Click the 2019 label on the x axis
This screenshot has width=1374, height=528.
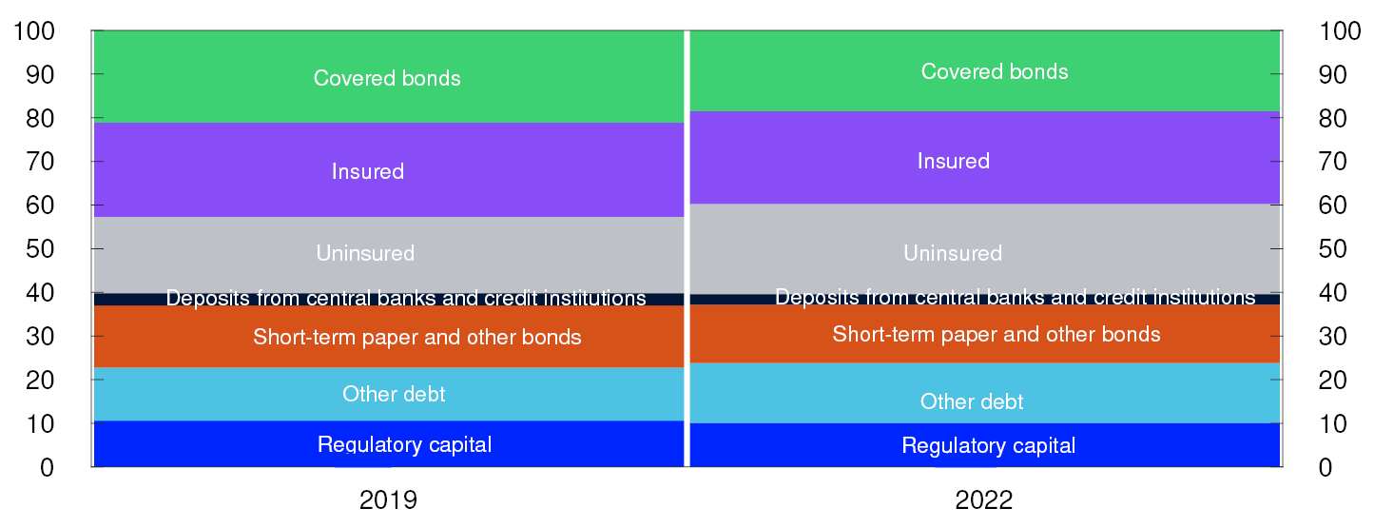[x=388, y=500]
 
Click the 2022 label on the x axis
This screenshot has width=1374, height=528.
[x=984, y=500]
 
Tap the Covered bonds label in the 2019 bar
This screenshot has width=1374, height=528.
[x=387, y=78]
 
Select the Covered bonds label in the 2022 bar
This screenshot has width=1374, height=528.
[x=995, y=71]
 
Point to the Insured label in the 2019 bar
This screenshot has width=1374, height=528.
[x=368, y=171]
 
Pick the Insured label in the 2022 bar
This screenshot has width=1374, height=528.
[x=954, y=161]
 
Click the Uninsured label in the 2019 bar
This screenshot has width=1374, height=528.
[x=365, y=253]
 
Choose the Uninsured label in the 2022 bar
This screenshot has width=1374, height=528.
[x=953, y=253]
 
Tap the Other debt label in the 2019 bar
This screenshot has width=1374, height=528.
[x=394, y=393]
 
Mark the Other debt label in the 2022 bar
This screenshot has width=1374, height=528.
[x=972, y=401]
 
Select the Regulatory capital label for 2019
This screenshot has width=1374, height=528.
[x=405, y=444]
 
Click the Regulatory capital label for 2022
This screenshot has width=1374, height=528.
[x=989, y=445]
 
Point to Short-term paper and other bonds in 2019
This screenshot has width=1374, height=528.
[x=417, y=337]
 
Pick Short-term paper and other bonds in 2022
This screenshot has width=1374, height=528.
[x=997, y=334]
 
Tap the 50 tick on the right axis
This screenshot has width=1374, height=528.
[x=1332, y=249]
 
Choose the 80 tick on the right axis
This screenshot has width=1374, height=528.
[x=1332, y=119]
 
